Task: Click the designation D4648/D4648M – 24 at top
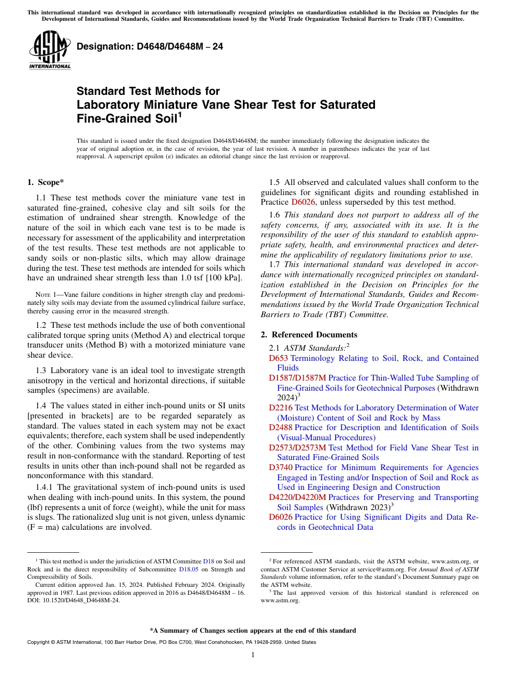150,47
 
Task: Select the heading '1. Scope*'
46,183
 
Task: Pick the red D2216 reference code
281,408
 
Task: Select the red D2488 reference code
281,428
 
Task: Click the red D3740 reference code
281,467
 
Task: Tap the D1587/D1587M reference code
301,378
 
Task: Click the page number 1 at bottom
253,655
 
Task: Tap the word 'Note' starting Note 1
42,295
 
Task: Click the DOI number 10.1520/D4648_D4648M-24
80,600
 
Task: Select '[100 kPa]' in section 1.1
226,278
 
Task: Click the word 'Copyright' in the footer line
40,642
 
